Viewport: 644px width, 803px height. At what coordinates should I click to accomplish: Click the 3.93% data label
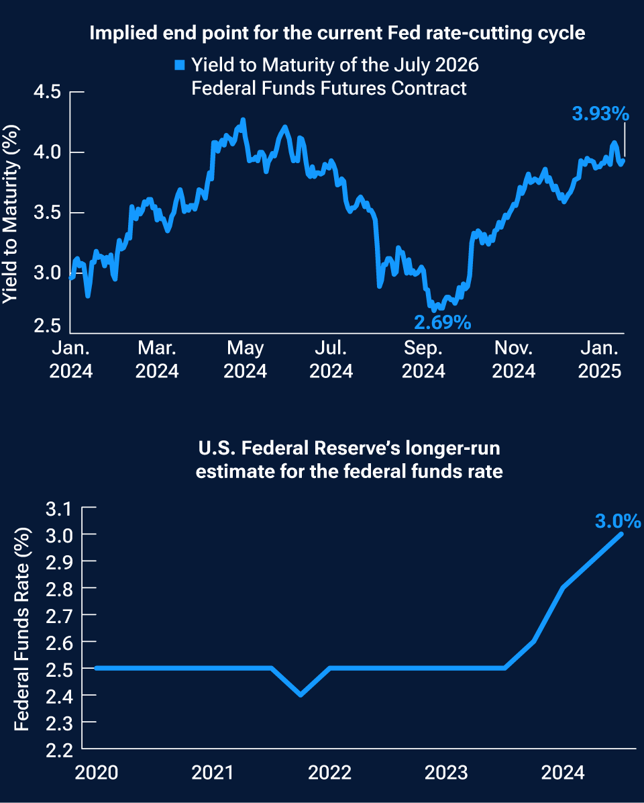tap(600, 114)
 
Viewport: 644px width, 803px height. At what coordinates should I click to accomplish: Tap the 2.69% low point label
tap(442, 323)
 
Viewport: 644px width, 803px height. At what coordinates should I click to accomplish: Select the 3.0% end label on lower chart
tap(617, 521)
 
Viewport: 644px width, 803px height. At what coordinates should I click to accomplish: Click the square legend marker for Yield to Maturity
tap(179, 66)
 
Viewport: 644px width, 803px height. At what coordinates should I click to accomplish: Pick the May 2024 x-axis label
tap(246, 359)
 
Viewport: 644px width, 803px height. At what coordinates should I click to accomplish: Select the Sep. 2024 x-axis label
tap(424, 359)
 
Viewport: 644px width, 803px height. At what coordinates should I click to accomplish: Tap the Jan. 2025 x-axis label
tap(599, 359)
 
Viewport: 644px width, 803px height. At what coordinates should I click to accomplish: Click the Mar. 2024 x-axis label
tap(157, 359)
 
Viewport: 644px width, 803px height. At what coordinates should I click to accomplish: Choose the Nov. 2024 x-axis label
tap(513, 359)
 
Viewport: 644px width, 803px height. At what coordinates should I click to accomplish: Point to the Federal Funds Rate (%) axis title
tap(22, 628)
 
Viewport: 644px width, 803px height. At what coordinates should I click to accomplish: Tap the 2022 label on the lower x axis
tap(330, 773)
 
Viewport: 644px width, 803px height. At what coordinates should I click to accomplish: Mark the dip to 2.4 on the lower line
tap(300, 694)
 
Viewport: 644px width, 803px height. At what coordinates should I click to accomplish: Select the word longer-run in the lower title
tap(458, 446)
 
